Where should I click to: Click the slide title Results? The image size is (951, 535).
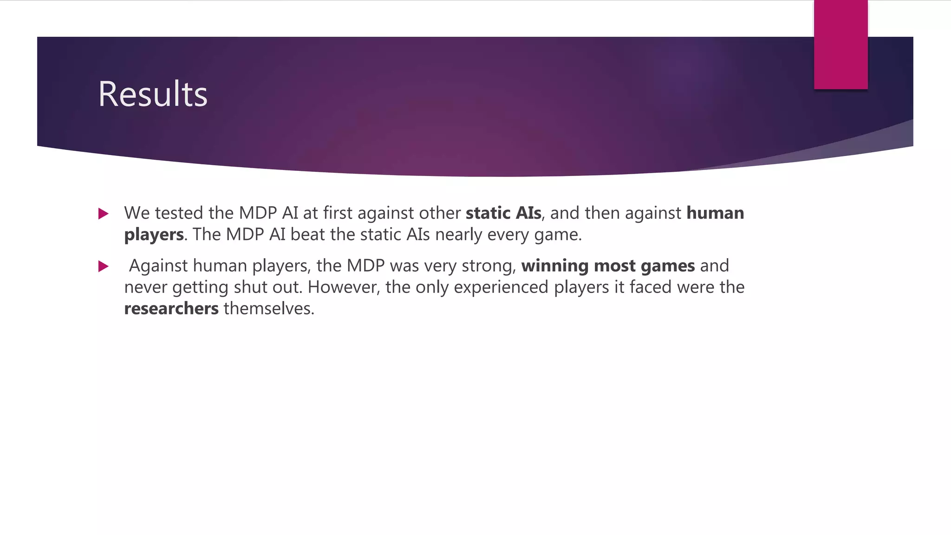153,94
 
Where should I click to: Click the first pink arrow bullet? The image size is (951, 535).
104,214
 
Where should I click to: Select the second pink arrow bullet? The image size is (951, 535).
104,266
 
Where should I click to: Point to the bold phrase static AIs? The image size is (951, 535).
503,213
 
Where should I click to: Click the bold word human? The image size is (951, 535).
715,213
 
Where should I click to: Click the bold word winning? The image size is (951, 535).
555,266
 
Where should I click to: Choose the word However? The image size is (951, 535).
344,287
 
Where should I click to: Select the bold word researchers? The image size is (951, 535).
171,309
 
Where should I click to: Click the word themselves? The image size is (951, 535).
269,309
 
